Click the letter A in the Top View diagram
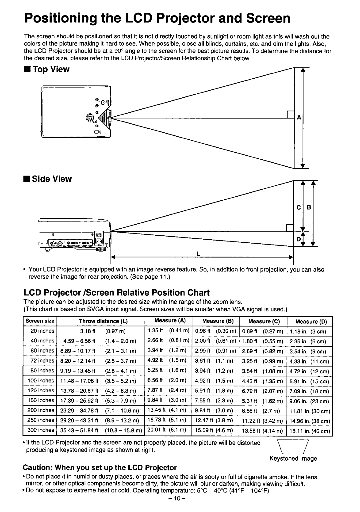(x=299, y=117)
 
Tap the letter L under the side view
(x=198, y=254)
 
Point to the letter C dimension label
(x=298, y=207)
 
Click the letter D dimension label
(x=298, y=239)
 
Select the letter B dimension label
(x=309, y=207)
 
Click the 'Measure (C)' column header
(x=264, y=321)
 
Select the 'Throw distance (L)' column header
(x=103, y=321)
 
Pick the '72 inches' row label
(x=42, y=361)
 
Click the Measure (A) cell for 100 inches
(x=167, y=380)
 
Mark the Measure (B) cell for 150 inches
(x=214, y=400)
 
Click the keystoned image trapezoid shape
(x=293, y=447)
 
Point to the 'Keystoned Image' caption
(x=293, y=458)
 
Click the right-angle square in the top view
(x=290, y=115)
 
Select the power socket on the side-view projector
(x=99, y=241)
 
